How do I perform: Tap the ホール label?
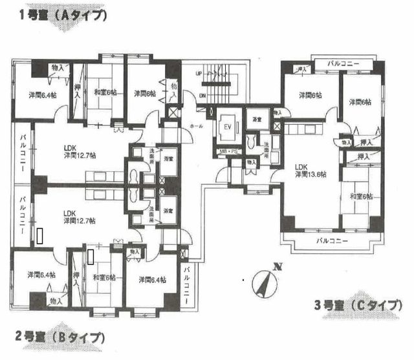[195, 127]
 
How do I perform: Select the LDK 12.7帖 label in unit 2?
[80, 217]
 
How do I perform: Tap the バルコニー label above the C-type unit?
[342, 63]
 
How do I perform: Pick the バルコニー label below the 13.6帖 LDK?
[327, 241]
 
